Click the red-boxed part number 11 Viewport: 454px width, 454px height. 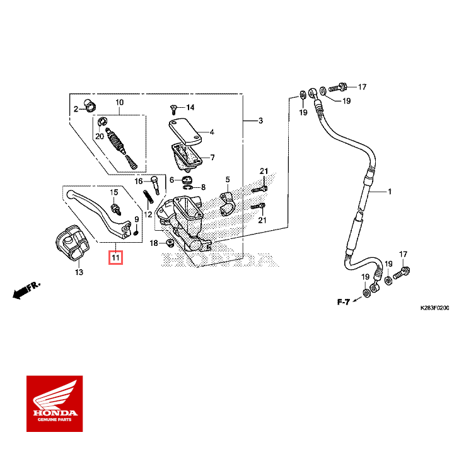point(115,257)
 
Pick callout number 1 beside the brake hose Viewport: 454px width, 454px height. point(389,191)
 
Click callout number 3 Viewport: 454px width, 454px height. point(260,120)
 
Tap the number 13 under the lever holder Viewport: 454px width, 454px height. point(78,272)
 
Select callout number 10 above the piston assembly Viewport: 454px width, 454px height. point(119,102)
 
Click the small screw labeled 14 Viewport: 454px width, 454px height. point(172,108)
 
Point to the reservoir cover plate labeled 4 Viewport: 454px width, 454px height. point(184,129)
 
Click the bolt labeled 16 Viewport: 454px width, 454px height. point(153,183)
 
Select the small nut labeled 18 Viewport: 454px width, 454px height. point(169,243)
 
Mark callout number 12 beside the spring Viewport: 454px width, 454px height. point(148,214)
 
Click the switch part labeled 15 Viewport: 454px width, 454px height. point(115,206)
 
